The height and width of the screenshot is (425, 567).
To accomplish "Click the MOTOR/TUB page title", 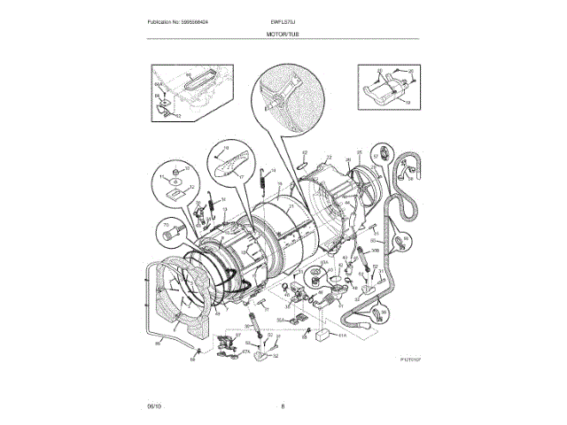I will click(x=283, y=34).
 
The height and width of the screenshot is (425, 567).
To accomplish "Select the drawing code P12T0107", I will click(x=413, y=359).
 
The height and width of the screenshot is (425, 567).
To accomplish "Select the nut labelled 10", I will click(x=175, y=168).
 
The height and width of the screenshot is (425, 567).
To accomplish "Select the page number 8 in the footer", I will click(x=283, y=406).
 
